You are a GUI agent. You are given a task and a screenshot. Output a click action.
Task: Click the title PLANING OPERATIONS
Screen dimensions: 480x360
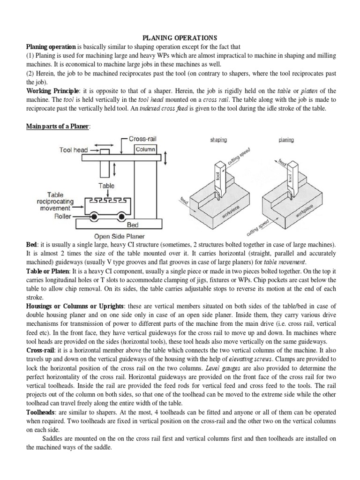(x=180, y=38)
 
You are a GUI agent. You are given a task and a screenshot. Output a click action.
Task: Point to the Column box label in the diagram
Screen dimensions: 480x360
(x=145, y=149)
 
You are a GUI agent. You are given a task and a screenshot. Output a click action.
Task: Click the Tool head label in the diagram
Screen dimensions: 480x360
(x=74, y=150)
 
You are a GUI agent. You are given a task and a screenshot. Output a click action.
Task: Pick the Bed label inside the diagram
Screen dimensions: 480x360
(x=133, y=225)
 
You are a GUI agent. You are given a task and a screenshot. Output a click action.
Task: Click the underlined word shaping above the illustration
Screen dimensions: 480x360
(x=218, y=140)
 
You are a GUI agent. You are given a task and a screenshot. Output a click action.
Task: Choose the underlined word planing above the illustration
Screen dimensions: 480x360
(x=286, y=140)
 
